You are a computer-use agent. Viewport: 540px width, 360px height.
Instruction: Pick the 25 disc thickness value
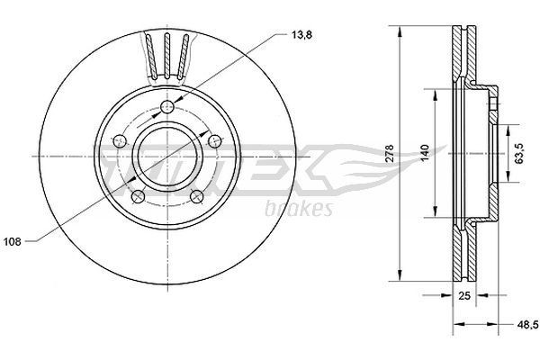tap(464, 295)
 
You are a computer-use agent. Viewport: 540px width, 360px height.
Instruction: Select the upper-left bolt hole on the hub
tap(120, 140)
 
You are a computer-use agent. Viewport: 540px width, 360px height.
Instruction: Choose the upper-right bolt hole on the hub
tap(213, 139)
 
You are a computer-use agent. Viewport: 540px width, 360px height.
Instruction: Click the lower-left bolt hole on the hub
tap(137, 196)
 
